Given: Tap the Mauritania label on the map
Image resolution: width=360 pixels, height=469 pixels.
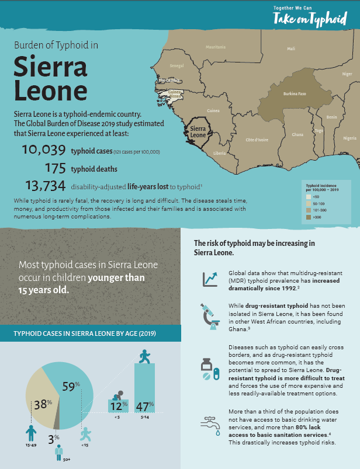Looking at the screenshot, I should pyautogui.click(x=216, y=47).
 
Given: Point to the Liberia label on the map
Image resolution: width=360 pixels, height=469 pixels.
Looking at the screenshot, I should pyautogui.click(x=219, y=153).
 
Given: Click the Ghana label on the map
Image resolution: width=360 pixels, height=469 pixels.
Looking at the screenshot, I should pyautogui.click(x=297, y=135).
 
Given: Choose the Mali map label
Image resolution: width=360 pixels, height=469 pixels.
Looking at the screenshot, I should pyautogui.click(x=291, y=48).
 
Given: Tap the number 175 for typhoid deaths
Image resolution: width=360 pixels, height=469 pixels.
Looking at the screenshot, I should pyautogui.click(x=54, y=169).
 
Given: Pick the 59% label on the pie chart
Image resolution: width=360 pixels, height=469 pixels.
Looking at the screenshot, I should pyautogui.click(x=71, y=386).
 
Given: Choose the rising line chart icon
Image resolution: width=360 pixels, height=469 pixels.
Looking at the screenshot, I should pyautogui.click(x=209, y=279).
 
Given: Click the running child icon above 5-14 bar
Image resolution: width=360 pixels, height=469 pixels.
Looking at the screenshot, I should pyautogui.click(x=144, y=356).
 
